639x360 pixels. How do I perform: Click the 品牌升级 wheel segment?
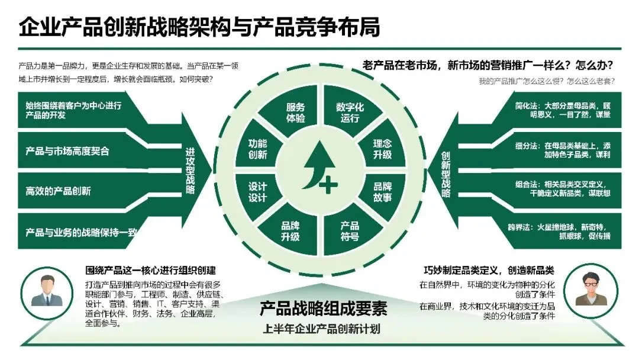coord(290,230)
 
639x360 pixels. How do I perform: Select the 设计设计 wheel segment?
coord(258,191)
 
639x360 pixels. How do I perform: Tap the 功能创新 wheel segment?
coord(258,149)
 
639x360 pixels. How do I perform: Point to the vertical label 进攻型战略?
coord(190,171)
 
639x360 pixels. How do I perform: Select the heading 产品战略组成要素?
coord(323,308)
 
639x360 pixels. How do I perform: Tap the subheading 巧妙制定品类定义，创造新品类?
coord(489,270)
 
